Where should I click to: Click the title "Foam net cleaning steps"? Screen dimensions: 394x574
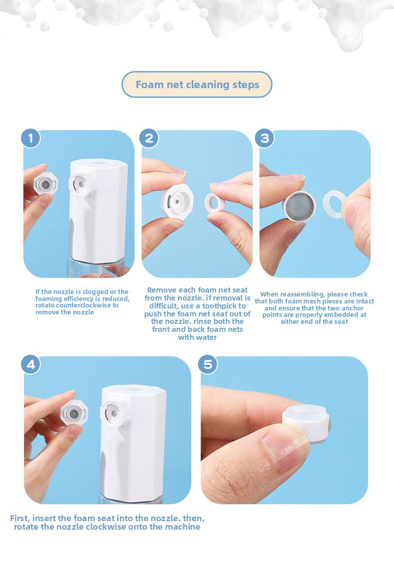pyautogui.click(x=197, y=85)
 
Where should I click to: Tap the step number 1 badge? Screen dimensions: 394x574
pyautogui.click(x=30, y=139)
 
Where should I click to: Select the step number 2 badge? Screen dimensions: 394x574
pyautogui.click(x=149, y=139)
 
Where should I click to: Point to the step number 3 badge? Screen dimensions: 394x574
pyautogui.click(x=265, y=139)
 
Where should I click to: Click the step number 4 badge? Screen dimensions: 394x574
pyautogui.click(x=31, y=365)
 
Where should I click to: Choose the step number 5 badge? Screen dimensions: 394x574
pyautogui.click(x=208, y=365)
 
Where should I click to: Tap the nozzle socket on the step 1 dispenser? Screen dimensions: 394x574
pyautogui.click(x=80, y=183)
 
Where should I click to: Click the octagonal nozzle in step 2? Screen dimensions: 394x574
pyautogui.click(x=178, y=202)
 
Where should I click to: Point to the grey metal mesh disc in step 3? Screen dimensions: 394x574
pyautogui.click(x=299, y=206)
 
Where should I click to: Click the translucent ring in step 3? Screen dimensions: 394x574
pyautogui.click(x=334, y=204)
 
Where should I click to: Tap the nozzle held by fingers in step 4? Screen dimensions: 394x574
pyautogui.click(x=74, y=413)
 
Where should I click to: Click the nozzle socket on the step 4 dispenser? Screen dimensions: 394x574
pyautogui.click(x=112, y=413)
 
